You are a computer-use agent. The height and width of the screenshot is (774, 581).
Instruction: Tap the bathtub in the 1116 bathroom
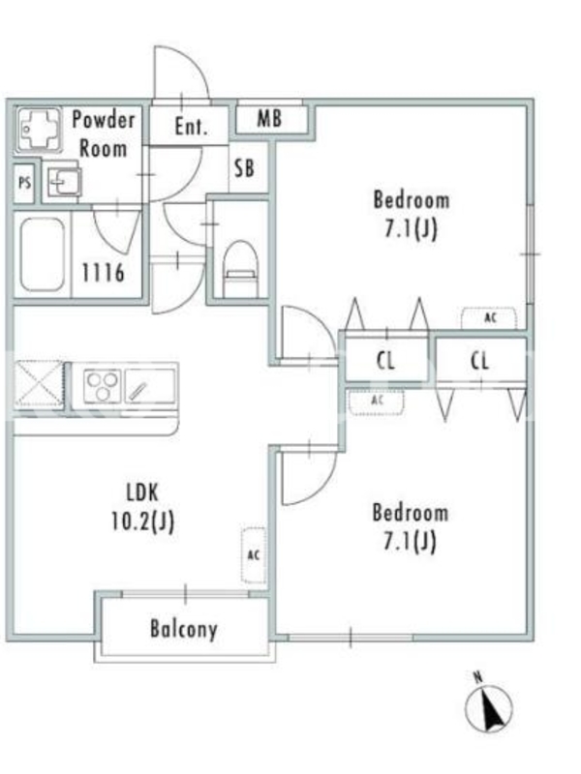[42, 254]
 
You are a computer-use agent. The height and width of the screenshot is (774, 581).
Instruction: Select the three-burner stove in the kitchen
[103, 385]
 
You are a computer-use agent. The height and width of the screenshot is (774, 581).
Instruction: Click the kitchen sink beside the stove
[150, 386]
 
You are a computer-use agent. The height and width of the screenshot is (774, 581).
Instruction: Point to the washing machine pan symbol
[39, 130]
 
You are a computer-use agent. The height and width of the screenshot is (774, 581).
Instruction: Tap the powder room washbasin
[65, 182]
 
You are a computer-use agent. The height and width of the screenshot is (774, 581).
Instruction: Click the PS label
[24, 183]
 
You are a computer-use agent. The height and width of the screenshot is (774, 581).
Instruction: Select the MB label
[269, 118]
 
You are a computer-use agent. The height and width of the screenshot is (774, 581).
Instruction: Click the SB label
[244, 168]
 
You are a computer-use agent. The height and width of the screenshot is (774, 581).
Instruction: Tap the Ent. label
[191, 127]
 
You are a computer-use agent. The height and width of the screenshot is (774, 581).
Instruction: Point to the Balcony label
[184, 629]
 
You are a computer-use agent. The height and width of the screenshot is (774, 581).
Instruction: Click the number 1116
[103, 272]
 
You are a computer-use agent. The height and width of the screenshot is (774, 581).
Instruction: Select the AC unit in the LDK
[254, 555]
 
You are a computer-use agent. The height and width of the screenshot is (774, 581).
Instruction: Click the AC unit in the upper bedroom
[489, 318]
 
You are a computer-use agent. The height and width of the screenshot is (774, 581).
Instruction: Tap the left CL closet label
[385, 361]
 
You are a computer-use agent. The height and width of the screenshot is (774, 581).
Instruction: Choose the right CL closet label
[479, 361]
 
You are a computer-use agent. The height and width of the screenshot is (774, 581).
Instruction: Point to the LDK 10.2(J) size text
[142, 507]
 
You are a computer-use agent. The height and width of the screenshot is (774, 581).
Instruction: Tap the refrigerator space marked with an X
[39, 385]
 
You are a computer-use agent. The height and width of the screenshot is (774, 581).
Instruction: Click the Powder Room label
[104, 134]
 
